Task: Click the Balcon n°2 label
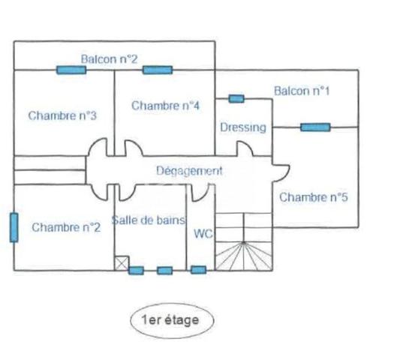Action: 109,59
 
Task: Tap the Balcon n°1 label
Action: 302,91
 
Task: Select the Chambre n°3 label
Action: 62,115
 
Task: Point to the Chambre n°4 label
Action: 166,106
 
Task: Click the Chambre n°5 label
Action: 314,197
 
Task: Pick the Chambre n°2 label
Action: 66,227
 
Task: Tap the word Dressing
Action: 243,127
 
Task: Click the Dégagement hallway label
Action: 189,171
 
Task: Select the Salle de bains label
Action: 149,220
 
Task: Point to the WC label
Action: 203,234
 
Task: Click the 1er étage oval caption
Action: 172,320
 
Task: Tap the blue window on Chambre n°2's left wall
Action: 14,227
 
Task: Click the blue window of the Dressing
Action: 236,98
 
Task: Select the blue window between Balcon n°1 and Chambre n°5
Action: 315,127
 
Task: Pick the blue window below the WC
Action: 198,270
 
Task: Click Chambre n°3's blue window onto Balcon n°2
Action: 71,70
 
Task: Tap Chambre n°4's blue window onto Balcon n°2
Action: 158,70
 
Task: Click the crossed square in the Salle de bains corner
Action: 122,263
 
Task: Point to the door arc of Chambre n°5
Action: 286,173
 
